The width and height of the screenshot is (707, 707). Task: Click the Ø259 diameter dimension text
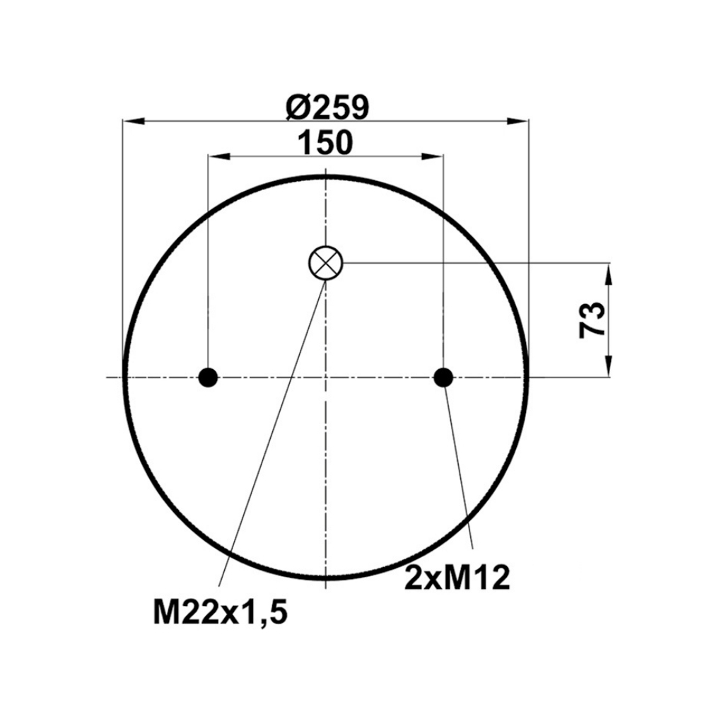tap(328, 107)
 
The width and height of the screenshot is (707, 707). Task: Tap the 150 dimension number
tap(325, 142)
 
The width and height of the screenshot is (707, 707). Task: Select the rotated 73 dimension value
tap(591, 320)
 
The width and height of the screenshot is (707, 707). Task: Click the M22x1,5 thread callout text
tap(220, 612)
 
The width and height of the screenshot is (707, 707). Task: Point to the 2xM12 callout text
tap(457, 578)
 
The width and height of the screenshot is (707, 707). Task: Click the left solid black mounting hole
tap(209, 378)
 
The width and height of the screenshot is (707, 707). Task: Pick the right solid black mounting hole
tap(443, 378)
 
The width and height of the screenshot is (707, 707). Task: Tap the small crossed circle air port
tap(325, 263)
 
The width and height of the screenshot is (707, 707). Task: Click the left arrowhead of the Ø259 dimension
tap(134, 121)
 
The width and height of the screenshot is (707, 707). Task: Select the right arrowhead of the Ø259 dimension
tap(518, 121)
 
